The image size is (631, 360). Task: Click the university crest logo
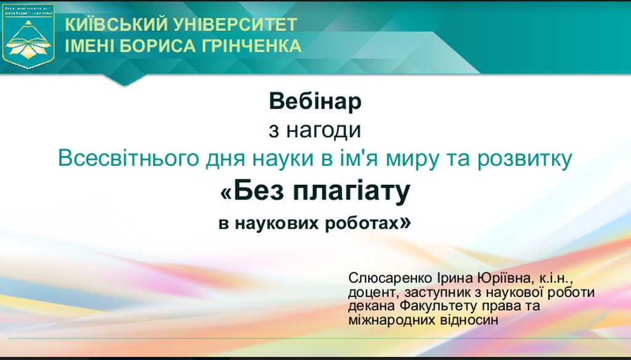(28, 35)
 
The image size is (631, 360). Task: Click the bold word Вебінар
(315, 102)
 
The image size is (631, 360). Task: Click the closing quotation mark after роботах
(405, 222)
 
